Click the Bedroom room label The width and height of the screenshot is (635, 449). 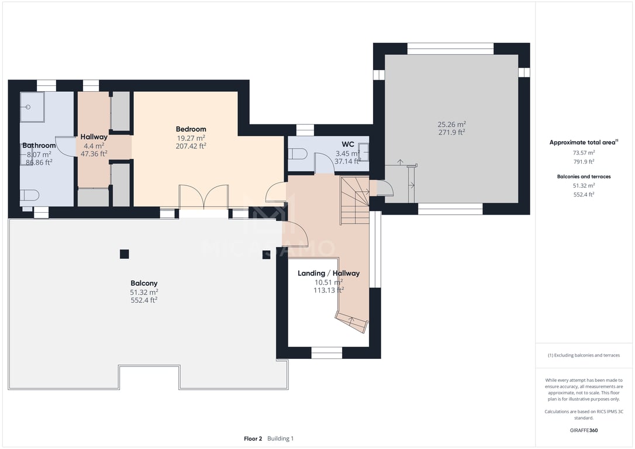191,129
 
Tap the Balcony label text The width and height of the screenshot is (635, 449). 144,284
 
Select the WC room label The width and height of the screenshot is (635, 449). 348,144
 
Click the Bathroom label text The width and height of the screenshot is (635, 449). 39,146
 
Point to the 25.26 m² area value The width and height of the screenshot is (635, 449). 451,125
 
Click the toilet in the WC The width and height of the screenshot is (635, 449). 298,154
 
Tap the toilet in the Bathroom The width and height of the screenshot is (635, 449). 30,195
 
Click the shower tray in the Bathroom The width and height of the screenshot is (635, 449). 32,107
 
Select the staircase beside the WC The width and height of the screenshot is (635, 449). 355,201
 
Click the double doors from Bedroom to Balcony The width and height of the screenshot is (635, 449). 203,197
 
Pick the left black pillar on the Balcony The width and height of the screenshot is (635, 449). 125,254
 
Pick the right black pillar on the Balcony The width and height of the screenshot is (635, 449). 266,255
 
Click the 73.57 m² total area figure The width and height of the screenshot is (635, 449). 584,153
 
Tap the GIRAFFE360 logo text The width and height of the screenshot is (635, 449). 584,430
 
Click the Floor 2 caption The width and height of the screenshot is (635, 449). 253,438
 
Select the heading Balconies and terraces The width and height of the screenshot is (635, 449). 584,177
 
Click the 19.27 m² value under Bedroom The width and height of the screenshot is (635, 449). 191,138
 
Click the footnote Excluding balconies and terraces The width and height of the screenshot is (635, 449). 584,355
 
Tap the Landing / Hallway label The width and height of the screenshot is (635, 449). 329,273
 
